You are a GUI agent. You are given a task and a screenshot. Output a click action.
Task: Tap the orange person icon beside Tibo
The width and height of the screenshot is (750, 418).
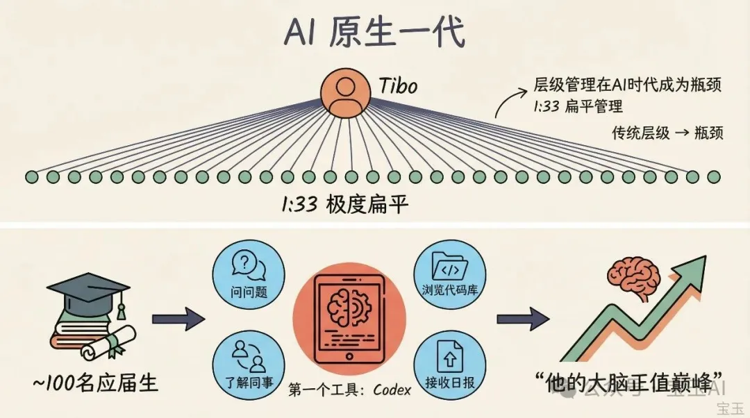(x=343, y=92)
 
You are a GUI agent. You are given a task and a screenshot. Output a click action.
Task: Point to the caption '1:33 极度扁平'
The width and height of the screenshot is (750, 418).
(x=344, y=206)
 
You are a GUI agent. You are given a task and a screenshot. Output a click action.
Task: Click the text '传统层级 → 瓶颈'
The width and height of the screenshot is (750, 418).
(x=667, y=132)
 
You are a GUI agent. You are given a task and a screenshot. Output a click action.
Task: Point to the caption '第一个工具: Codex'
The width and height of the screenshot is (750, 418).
(x=349, y=390)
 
